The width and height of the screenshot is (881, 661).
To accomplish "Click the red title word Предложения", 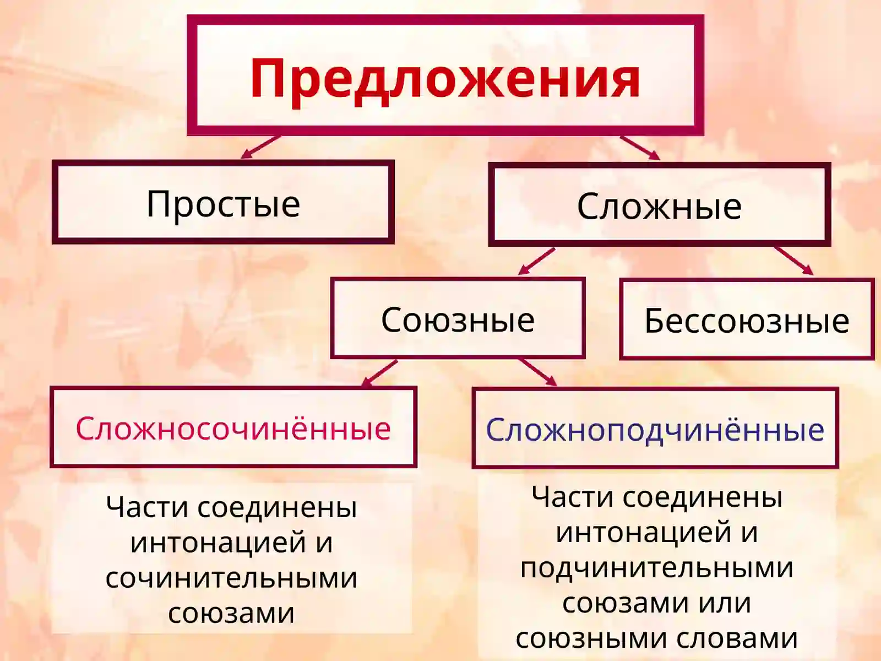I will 445,79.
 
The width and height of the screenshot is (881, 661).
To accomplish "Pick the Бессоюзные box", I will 747,321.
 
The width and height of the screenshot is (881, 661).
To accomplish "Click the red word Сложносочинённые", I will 233,428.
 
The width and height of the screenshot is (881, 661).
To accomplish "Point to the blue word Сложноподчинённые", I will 655,430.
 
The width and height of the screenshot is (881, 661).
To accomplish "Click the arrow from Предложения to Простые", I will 260,147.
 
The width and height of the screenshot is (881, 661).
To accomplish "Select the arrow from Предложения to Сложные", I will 640,148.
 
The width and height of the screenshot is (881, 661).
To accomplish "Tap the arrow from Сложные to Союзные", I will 536,261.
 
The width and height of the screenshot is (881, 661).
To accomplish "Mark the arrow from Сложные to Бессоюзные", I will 793,261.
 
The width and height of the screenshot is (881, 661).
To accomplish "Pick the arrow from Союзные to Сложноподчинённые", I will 537,372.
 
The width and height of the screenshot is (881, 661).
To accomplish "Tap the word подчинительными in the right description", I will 656,567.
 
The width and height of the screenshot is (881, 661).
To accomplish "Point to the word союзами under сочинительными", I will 231,613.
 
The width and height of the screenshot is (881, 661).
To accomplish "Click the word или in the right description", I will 725,603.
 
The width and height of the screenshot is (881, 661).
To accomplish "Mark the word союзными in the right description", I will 591,638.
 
